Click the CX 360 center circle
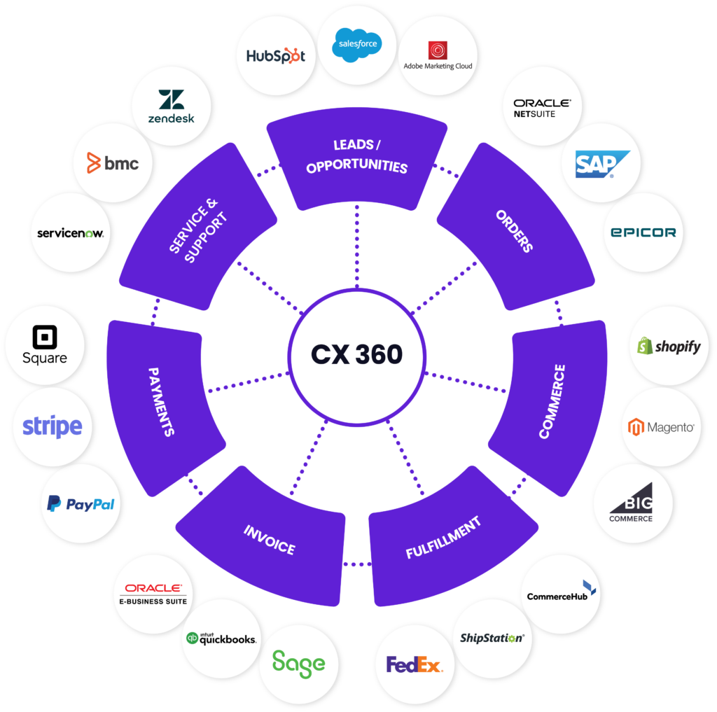[356, 354]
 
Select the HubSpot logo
[276, 56]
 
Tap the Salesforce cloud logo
[357, 43]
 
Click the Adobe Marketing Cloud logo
[438, 56]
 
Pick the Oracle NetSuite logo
[542, 107]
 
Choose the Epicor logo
[643, 232]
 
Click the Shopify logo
[669, 346]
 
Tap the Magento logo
[661, 426]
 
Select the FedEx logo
[415, 664]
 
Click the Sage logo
[299, 662]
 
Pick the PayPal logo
[81, 503]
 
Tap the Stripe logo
[53, 426]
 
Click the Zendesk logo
[172, 106]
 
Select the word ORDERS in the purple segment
[515, 230]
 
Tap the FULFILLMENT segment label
[443, 538]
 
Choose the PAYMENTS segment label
[162, 400]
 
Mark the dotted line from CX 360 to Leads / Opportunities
[356, 247]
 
